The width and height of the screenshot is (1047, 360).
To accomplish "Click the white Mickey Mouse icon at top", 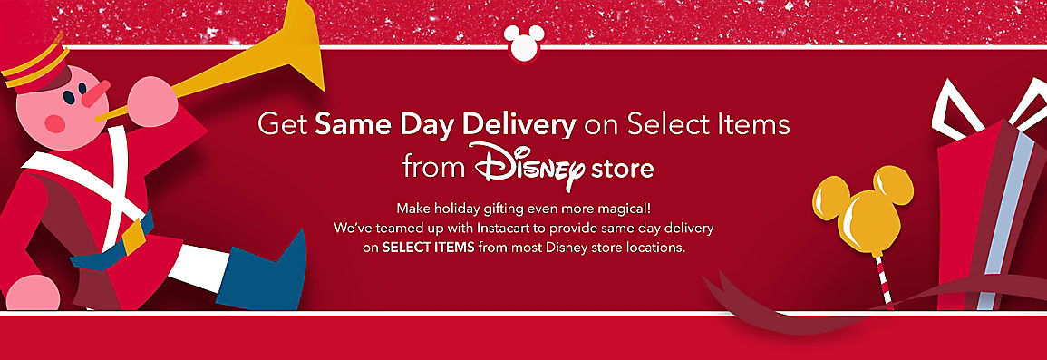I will click(x=523, y=43).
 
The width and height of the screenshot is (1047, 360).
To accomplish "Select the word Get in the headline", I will click(x=282, y=124).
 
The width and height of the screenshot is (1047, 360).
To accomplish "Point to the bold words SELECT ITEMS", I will click(x=428, y=247).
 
